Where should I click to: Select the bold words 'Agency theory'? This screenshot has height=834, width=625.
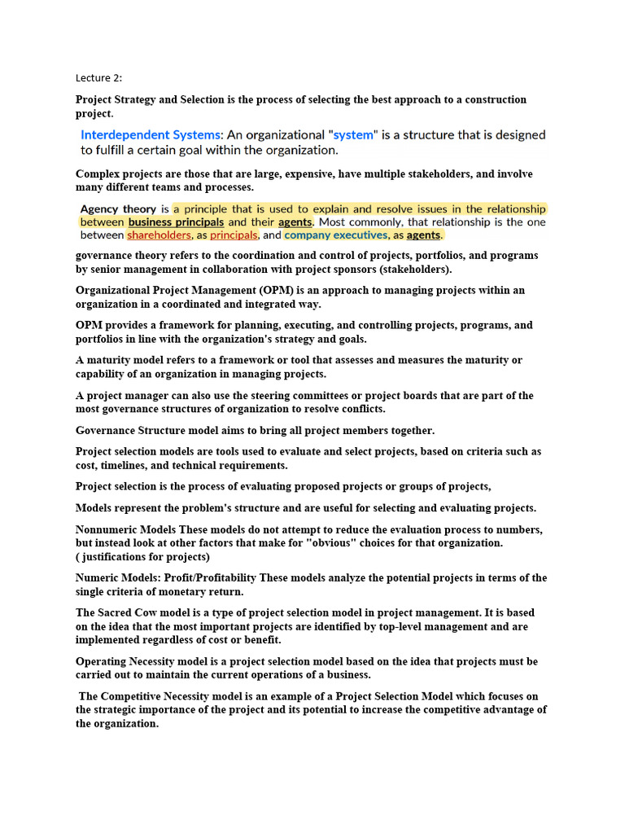(x=118, y=208)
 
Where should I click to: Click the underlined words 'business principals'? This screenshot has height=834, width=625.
(x=177, y=222)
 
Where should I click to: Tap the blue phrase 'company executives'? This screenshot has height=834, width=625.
(x=336, y=235)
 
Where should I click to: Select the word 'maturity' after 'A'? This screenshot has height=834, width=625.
(x=113, y=360)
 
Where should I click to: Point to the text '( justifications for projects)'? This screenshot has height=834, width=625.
(x=142, y=557)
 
